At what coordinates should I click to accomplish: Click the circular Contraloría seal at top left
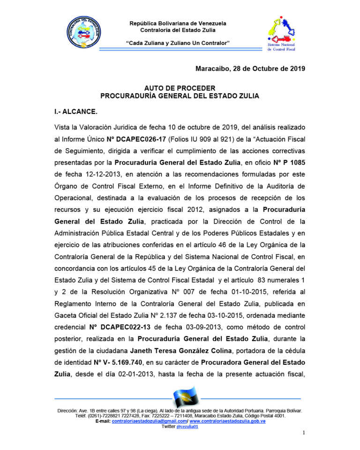click(x=84, y=34)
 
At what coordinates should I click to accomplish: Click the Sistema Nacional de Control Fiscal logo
click(x=281, y=34)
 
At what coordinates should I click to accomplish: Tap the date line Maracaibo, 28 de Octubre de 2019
click(x=250, y=69)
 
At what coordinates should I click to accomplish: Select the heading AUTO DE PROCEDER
click(x=180, y=88)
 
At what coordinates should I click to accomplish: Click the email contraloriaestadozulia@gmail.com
click(x=150, y=421)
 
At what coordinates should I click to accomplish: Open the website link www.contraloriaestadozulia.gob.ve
click(x=227, y=421)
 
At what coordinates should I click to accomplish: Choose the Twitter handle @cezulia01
click(x=187, y=427)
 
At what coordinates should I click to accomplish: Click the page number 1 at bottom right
click(x=304, y=432)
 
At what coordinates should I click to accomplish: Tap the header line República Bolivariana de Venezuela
click(x=178, y=23)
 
